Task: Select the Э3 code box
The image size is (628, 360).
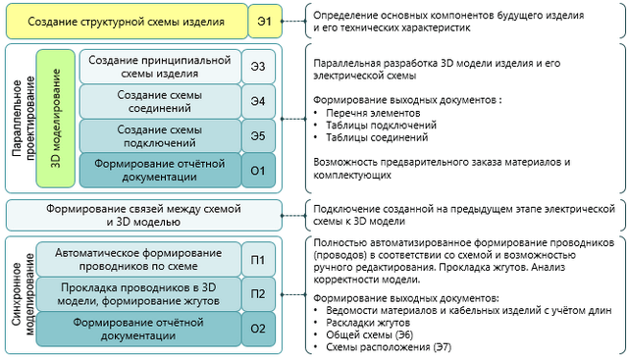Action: [258, 67]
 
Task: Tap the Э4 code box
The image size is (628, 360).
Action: [258, 101]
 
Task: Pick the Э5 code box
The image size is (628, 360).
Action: [258, 135]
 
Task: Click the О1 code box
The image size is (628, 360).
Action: [258, 170]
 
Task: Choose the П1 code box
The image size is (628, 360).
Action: [258, 259]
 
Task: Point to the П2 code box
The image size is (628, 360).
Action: [258, 293]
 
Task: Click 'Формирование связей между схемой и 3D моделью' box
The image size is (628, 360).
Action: [143, 215]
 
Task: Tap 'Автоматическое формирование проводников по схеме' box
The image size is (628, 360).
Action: [137, 259]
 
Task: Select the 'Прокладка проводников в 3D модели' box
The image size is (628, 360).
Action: [137, 293]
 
